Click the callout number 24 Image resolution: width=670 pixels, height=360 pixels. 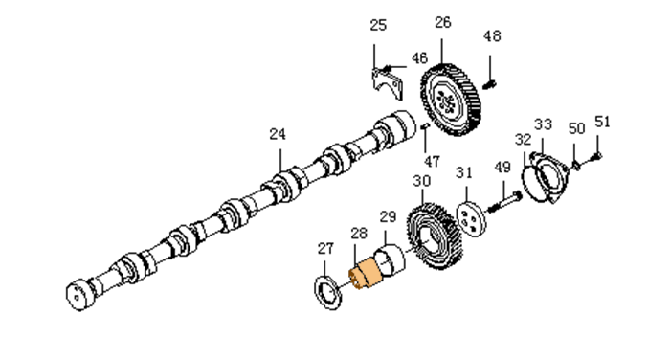pos(278,134)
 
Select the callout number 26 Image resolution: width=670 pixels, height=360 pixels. pos(442,22)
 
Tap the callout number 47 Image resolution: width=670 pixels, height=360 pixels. pos(432,161)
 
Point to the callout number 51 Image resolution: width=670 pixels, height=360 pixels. pos(602,122)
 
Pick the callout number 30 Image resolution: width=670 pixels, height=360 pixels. pos(422,181)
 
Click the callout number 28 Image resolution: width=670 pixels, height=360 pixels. pos(359,233)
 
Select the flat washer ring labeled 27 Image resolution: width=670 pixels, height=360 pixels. pos(328,293)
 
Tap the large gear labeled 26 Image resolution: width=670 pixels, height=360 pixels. pos(451,100)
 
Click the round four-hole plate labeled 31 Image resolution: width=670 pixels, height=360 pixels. pos(472,218)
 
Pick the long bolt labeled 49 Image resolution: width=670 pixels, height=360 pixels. pos(504,202)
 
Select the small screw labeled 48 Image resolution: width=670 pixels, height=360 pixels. pos(488,84)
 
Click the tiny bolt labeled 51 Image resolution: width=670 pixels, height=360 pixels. pos(595,157)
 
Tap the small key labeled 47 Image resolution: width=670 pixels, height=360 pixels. pos(425,125)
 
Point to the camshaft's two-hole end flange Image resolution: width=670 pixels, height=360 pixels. pos(80,295)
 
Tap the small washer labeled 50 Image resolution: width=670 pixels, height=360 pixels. pos(575,165)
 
